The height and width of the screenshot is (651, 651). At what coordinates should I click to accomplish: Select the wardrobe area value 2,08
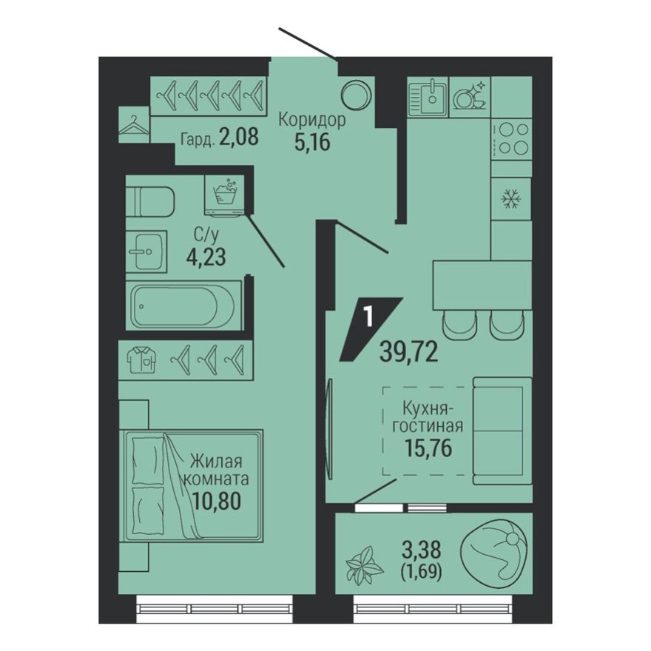pyautogui.click(x=238, y=138)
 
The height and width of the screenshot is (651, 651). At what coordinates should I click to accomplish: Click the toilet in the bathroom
pyautogui.click(x=149, y=200)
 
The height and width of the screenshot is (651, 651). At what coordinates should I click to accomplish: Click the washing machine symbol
pyautogui.click(x=225, y=194)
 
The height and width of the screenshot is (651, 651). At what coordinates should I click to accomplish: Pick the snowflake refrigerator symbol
pyautogui.click(x=511, y=199)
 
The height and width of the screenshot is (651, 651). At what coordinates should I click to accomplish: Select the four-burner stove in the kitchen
pyautogui.click(x=511, y=138)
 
